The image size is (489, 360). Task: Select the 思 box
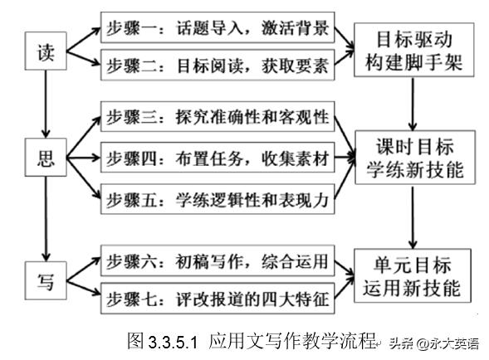click(46, 157)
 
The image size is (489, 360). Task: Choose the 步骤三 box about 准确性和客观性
click(218, 116)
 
